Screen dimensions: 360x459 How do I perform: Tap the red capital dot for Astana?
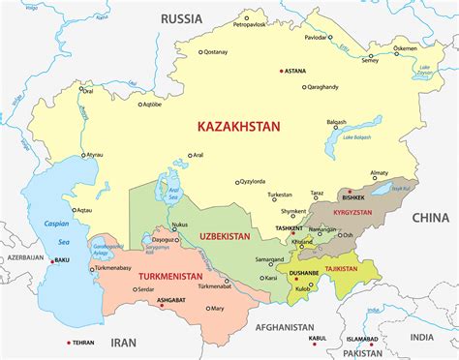tap(281, 71)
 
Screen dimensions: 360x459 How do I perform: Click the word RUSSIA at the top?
tap(181, 18)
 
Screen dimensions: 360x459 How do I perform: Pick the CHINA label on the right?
tap(430, 217)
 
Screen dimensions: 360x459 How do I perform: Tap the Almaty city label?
tap(379, 173)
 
